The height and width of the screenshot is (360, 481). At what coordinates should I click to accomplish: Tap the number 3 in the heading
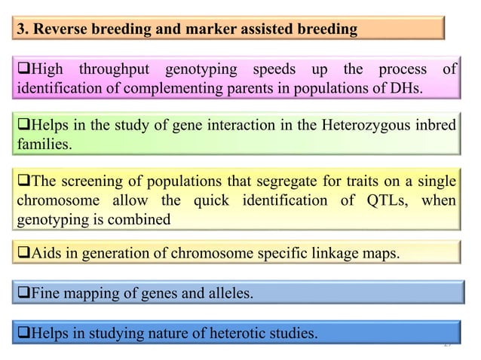22,29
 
